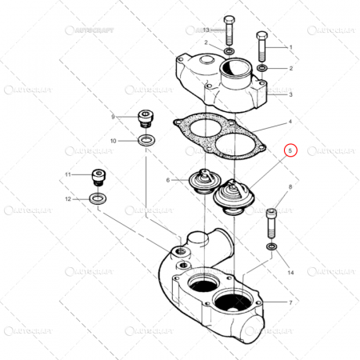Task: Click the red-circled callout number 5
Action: click(x=291, y=150)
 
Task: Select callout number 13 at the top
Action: click(x=205, y=29)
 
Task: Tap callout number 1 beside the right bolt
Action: click(x=290, y=48)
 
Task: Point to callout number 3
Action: click(x=290, y=94)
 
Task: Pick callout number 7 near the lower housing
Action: click(x=290, y=303)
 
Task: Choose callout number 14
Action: click(x=290, y=273)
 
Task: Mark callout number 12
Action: click(x=68, y=198)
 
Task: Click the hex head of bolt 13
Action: click(x=230, y=19)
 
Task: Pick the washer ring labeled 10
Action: click(x=146, y=141)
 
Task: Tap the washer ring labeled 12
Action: click(x=98, y=198)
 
